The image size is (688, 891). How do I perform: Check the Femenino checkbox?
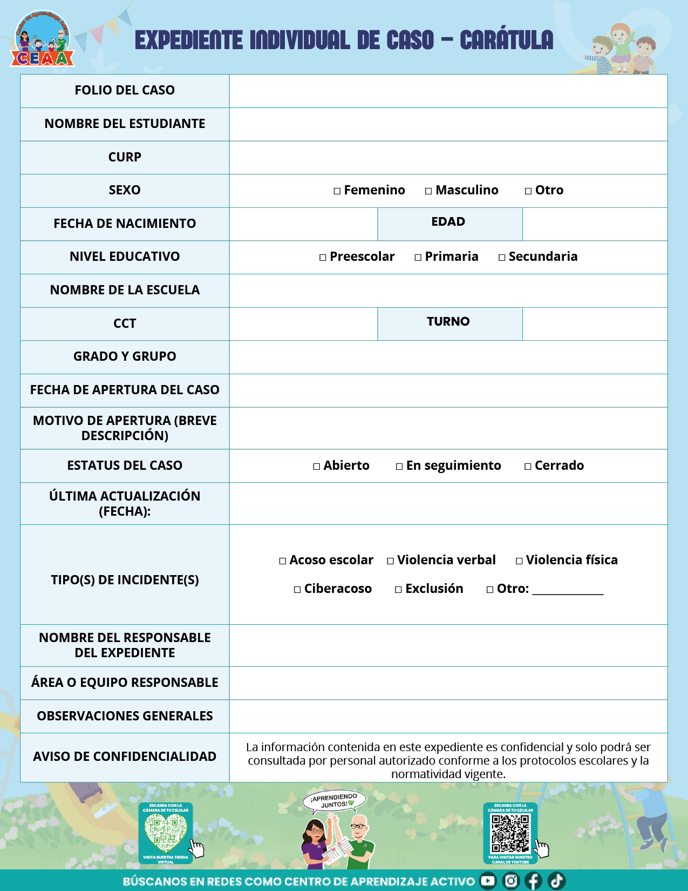coord(337,191)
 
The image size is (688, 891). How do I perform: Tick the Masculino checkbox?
coord(428,191)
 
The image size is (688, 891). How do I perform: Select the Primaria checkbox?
coord(418,258)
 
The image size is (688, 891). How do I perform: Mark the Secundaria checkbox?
coord(502,258)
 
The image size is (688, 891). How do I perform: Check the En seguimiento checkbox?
coord(399,467)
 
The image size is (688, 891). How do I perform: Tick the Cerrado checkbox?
coord(528,467)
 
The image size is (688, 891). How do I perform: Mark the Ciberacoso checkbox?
coord(297,590)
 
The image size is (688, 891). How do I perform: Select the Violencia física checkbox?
coord(519,561)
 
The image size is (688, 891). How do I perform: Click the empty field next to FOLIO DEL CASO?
coord(448,91)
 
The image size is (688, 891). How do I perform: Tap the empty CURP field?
coord(448,158)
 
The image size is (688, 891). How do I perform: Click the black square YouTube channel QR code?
coord(510,832)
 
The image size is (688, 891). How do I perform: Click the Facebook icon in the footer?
coord(533,881)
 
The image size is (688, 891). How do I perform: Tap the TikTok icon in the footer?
coord(556,881)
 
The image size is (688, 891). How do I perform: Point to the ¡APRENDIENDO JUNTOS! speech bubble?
coord(335,800)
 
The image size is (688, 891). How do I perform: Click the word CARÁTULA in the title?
coord(506,40)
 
